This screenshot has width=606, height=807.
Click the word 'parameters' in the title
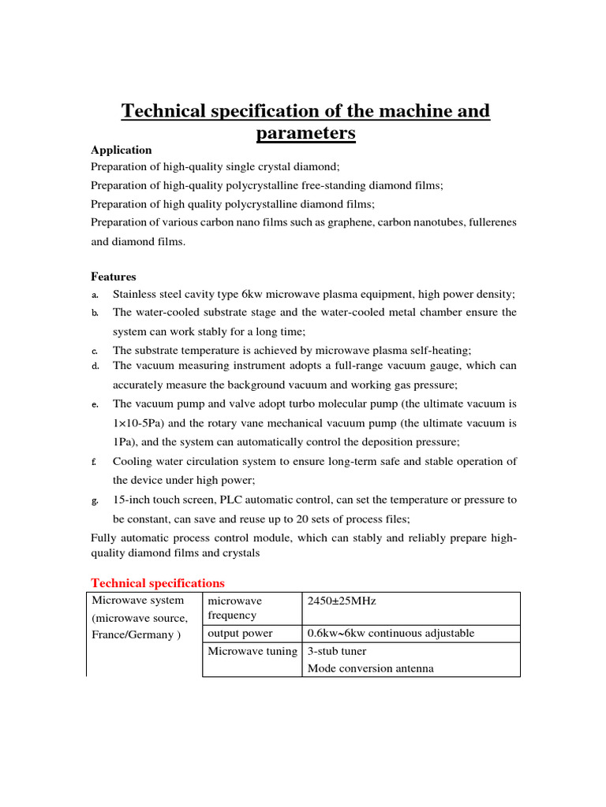(x=305, y=133)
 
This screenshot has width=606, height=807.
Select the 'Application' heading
(x=121, y=150)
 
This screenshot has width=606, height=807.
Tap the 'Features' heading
(x=113, y=277)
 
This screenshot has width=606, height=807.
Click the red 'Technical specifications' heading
(x=158, y=583)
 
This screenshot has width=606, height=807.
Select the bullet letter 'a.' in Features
(x=94, y=295)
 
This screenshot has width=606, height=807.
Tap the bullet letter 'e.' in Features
(x=94, y=404)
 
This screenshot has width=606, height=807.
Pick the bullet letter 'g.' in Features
(x=94, y=500)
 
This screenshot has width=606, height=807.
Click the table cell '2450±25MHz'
(x=342, y=601)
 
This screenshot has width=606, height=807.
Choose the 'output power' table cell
(x=240, y=634)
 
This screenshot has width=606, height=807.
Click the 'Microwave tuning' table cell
(x=252, y=651)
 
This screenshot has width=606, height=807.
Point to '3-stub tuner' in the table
(x=337, y=651)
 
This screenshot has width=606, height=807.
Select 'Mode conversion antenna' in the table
(x=370, y=668)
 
